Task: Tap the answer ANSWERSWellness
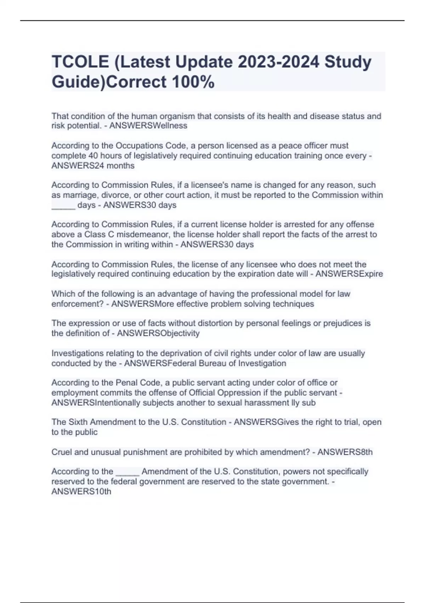point(148,126)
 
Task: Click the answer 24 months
point(93,166)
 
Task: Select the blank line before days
point(63,206)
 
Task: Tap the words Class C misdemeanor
point(127,234)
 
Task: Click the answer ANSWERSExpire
point(349,274)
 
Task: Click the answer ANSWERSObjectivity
point(158,333)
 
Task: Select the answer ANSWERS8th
point(345,452)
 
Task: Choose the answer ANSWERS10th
point(81,492)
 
